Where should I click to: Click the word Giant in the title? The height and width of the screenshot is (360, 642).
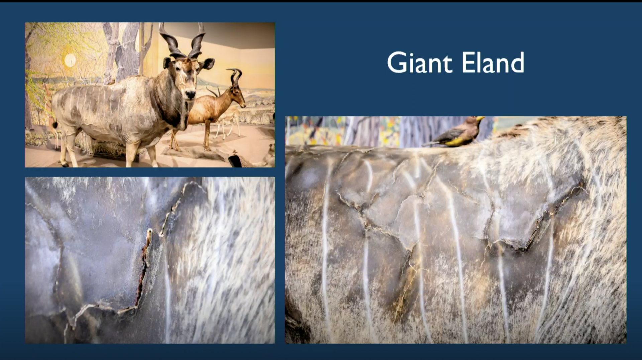pyautogui.click(x=420, y=63)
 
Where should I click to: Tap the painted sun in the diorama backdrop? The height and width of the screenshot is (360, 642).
pyautogui.click(x=70, y=61)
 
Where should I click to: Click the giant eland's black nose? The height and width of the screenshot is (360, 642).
pyautogui.click(x=190, y=95)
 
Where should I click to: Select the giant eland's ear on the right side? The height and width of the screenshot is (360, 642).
pyautogui.click(x=207, y=64)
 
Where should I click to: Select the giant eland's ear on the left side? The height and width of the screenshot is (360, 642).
pyautogui.click(x=167, y=63)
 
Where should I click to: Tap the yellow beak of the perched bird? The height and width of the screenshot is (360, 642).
pyautogui.click(x=480, y=118)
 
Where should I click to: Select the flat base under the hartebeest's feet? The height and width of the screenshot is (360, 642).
pyautogui.click(x=194, y=153)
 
